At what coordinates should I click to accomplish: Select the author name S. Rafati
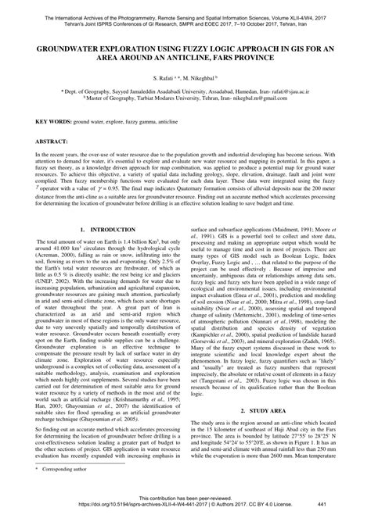156,79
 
